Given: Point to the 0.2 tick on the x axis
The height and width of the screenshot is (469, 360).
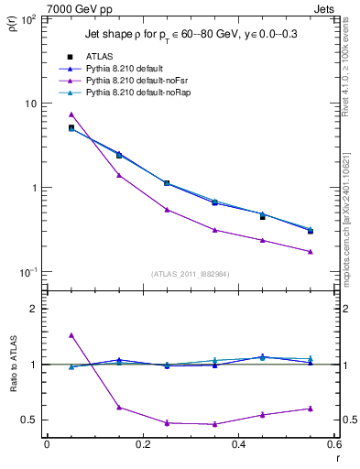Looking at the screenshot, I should pyautogui.click(x=143, y=444).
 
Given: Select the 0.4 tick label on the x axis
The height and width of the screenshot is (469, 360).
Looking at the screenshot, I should pyautogui.click(x=239, y=444).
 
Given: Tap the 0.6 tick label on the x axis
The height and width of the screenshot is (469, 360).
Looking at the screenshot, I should pyautogui.click(x=334, y=444).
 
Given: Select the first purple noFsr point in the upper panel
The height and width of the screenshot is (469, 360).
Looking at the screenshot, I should pyautogui.click(x=71, y=115).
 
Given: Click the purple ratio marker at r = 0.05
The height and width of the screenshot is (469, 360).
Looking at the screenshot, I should pyautogui.click(x=71, y=335).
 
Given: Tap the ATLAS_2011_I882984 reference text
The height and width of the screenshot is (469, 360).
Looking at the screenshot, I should pyautogui.click(x=191, y=273).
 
